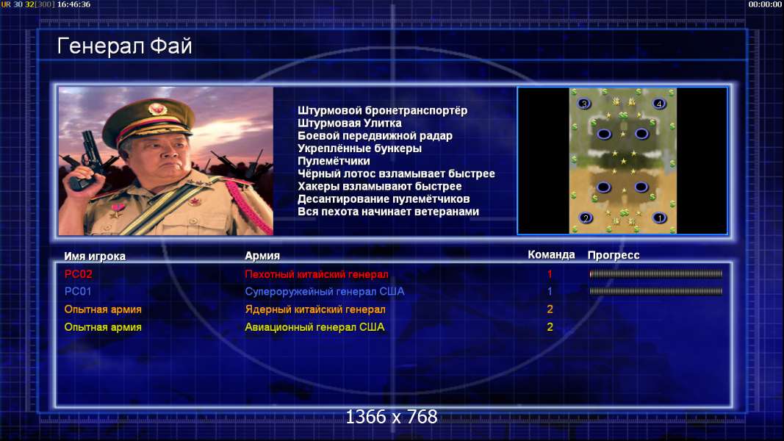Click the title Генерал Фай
124,46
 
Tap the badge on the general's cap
157,110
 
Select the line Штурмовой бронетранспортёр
383,110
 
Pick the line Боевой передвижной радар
375,136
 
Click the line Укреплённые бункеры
359,148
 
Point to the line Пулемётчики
334,161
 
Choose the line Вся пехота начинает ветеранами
389,212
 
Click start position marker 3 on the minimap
584,104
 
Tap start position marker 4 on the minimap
659,104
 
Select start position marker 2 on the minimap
586,218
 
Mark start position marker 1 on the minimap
660,218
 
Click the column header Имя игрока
95,256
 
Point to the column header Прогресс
614,255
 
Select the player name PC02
79,274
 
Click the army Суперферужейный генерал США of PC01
325,292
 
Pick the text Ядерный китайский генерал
315,309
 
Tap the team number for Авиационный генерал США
550,327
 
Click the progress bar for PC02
656,274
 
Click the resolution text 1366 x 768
392,417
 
